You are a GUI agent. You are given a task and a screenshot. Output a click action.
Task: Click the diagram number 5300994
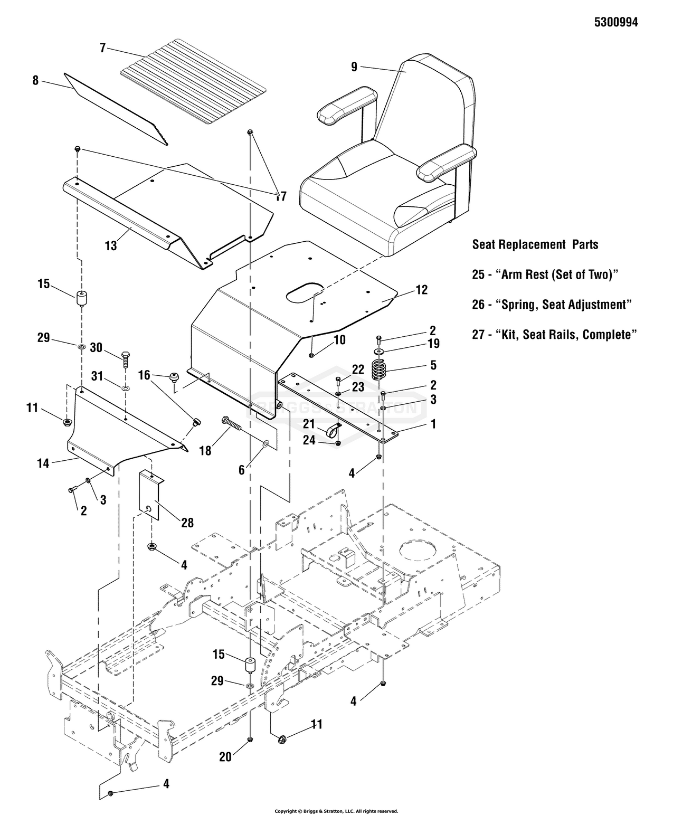click(x=616, y=22)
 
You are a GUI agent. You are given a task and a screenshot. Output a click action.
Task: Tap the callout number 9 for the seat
click(x=354, y=67)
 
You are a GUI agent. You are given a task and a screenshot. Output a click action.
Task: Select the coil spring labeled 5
click(x=377, y=369)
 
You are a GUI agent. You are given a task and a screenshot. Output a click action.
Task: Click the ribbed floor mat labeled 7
click(x=193, y=82)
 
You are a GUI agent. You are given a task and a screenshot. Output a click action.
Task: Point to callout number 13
click(x=111, y=245)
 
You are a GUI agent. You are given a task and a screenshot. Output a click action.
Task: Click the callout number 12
click(x=422, y=290)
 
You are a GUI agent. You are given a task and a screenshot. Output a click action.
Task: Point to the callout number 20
click(x=225, y=757)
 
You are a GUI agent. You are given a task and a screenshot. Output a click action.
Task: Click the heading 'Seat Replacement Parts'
click(x=535, y=244)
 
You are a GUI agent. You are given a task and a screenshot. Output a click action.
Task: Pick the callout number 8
click(x=35, y=80)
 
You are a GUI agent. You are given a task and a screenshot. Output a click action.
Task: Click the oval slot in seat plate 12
click(x=305, y=292)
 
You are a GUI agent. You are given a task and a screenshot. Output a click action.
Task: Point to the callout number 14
click(x=43, y=463)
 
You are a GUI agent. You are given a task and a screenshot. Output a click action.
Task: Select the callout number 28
click(x=187, y=523)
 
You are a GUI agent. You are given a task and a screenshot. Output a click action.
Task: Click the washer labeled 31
click(x=126, y=389)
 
